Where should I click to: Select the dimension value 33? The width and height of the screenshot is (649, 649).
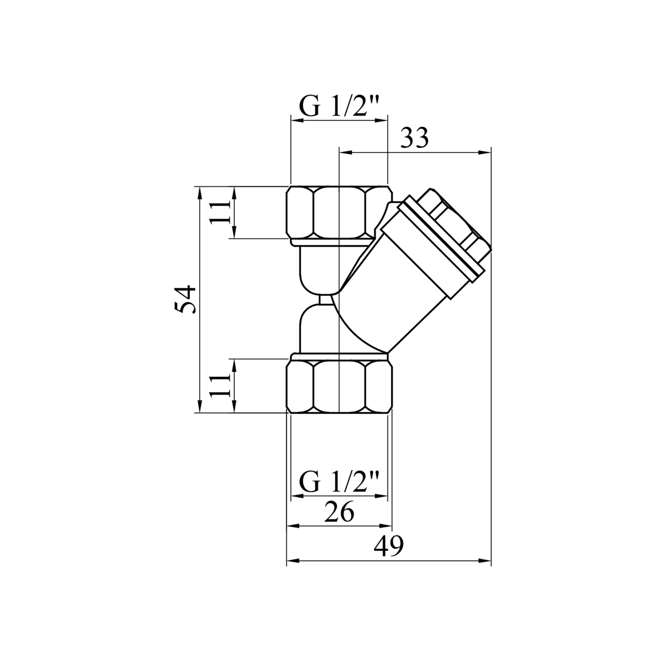click(414, 138)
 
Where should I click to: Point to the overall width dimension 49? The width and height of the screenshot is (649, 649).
click(389, 546)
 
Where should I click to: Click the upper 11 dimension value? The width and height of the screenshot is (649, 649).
click(220, 212)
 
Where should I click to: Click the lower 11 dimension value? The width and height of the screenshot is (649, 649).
click(220, 386)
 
